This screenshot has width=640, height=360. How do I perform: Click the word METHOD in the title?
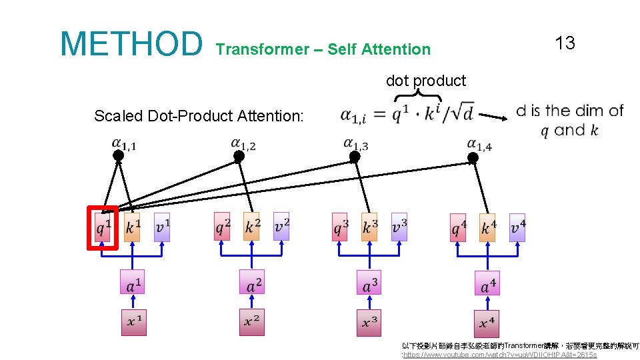pyautogui.click(x=131, y=43)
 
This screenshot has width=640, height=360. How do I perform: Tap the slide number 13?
pyautogui.click(x=564, y=43)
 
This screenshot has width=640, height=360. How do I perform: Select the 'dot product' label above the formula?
pyautogui.click(x=425, y=81)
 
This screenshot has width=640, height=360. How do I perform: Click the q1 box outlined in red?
pyautogui.click(x=103, y=227)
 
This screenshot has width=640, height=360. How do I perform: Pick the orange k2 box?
pyautogui.click(x=251, y=227)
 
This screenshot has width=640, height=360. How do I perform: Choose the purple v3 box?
pyautogui.click(x=399, y=227)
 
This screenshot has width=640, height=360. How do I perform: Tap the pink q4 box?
pyautogui.click(x=458, y=228)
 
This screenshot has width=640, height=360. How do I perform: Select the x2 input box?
pyautogui.click(x=251, y=322)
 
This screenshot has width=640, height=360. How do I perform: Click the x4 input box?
pyautogui.click(x=487, y=323)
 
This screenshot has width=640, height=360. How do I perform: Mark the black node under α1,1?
pyautogui.click(x=119, y=155)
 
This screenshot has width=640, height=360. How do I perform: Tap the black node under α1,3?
pyautogui.click(x=355, y=156)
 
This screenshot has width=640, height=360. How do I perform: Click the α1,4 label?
pyautogui.click(x=480, y=144)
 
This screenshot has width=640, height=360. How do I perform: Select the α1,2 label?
pyautogui.click(x=243, y=143)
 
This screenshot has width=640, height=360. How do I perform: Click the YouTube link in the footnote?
pyautogui.click(x=500, y=355)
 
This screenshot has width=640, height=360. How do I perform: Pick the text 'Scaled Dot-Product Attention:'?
pyautogui.click(x=199, y=116)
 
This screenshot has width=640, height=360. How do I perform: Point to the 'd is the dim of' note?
pyautogui.click(x=569, y=111)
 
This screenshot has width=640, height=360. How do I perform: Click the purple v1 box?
pyautogui.click(x=162, y=227)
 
